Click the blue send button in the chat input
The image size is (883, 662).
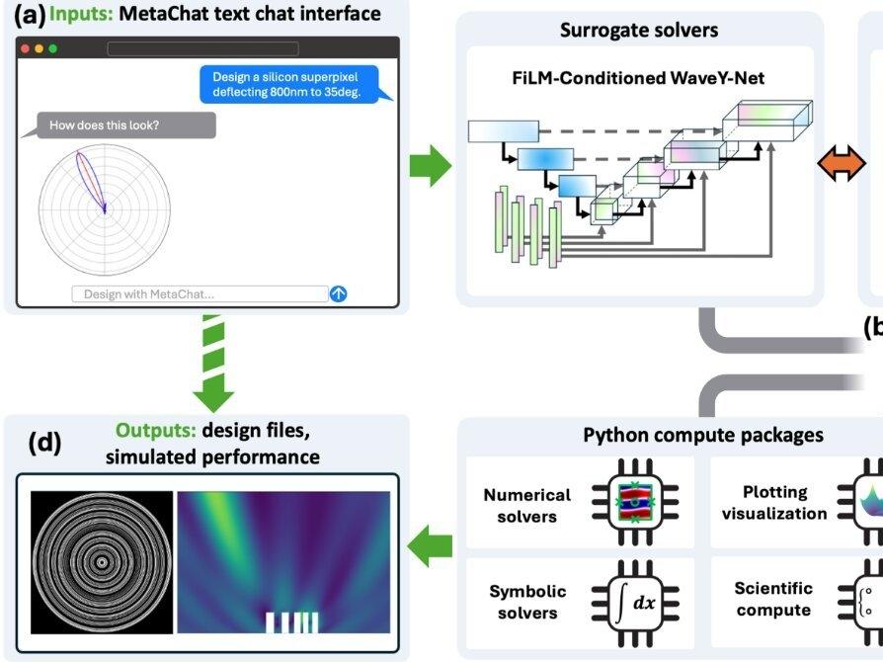tap(339, 293)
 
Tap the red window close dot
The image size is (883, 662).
tap(25, 48)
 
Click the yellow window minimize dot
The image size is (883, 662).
tap(39, 48)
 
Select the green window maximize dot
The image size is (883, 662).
tap(52, 48)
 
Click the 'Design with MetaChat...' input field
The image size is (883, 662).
tap(199, 293)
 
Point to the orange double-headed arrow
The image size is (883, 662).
tap(842, 165)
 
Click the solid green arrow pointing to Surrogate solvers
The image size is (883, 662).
tap(430, 165)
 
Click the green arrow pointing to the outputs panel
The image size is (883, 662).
tap(431, 545)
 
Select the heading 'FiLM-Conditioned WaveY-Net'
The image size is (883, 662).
tap(640, 78)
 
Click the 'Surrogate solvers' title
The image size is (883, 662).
tap(639, 30)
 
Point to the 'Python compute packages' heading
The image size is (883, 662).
tap(703, 436)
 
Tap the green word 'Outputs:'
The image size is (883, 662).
tap(156, 431)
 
